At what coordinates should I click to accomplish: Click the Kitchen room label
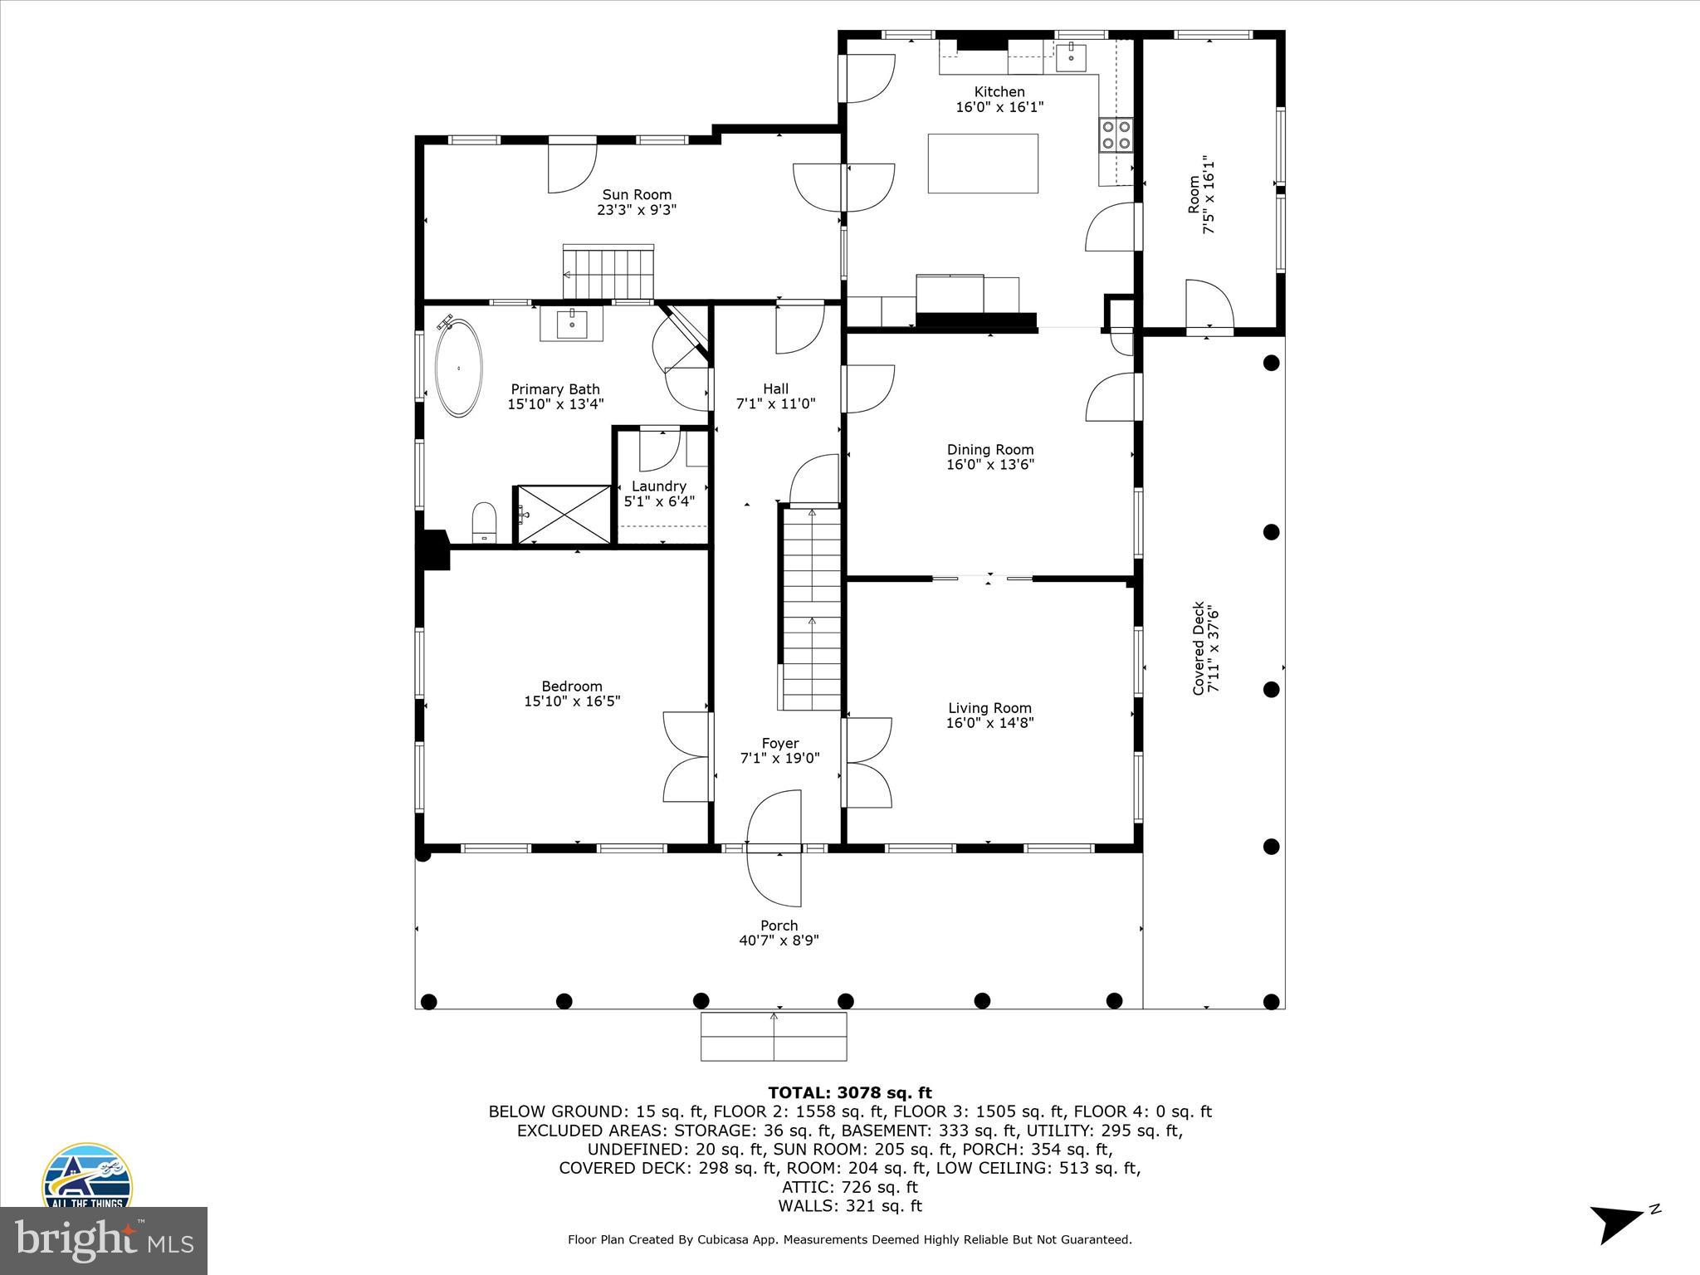click(999, 92)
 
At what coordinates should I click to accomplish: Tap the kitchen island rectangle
click(983, 164)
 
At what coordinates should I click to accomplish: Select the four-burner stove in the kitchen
click(1116, 135)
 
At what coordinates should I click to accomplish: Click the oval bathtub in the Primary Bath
click(458, 368)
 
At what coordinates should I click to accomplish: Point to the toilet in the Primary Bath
click(484, 524)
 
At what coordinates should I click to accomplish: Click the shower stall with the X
click(564, 515)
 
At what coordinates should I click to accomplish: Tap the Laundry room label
click(659, 486)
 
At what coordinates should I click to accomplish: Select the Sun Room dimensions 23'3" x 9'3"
click(637, 210)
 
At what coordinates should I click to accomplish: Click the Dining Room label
click(990, 450)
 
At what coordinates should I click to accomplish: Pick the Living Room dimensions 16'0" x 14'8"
click(989, 723)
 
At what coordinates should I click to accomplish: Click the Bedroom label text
click(571, 686)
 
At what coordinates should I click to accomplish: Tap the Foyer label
click(779, 744)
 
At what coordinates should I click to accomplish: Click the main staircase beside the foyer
click(811, 610)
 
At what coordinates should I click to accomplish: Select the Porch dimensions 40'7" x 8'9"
click(779, 940)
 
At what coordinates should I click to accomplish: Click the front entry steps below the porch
click(774, 1036)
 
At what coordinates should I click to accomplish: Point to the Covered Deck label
click(1198, 648)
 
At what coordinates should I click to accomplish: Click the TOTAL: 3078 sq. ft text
click(849, 1093)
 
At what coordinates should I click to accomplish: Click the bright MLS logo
click(104, 1240)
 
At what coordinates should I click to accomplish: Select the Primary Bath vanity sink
click(572, 324)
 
